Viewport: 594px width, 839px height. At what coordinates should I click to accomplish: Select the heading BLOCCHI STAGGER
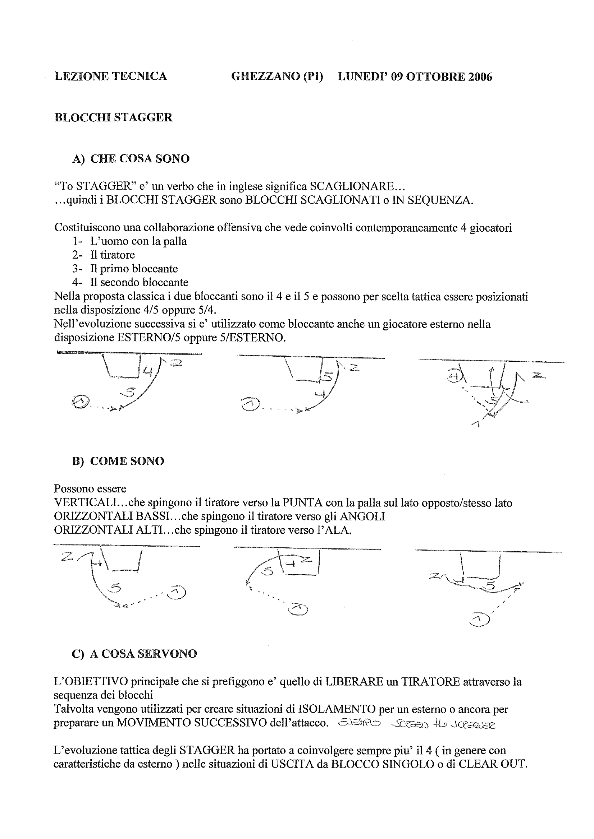113,118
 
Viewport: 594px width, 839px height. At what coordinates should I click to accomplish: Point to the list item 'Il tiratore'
112,255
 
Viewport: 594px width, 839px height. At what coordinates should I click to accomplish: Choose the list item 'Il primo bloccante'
134,269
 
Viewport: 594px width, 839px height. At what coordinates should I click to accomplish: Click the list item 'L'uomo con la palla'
138,241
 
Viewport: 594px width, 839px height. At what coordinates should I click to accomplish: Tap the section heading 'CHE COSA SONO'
140,159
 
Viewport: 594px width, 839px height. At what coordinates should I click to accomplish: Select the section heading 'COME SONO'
127,461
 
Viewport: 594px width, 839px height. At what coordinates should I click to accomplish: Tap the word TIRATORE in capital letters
430,682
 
